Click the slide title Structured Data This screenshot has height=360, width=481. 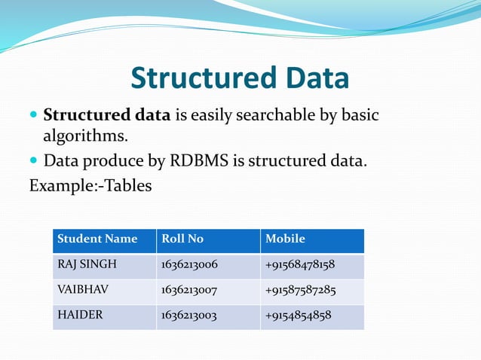pos(240,78)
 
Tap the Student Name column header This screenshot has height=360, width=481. pos(97,239)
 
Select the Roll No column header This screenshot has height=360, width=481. pos(182,239)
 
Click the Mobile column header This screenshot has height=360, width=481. pos(285,239)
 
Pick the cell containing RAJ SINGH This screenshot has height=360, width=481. pos(87,265)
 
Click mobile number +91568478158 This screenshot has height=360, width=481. pos(300,265)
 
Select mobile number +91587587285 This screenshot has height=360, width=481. pos(300,290)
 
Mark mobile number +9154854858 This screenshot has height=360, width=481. pos(298,316)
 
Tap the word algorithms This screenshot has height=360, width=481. pos(85,137)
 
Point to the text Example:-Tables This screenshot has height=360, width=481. pos(90,185)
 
